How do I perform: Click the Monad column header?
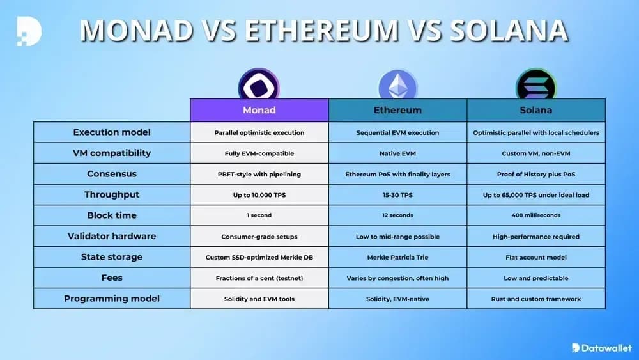coord(259,110)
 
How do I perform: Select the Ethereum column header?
coord(397,110)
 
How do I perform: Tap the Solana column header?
coord(536,110)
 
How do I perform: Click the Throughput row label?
coord(112,194)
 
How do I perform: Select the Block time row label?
coord(112,215)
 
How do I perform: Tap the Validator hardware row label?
coord(112,236)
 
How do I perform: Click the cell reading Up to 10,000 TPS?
coord(259,195)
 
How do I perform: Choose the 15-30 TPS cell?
coord(397,195)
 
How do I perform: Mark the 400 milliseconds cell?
coord(536,215)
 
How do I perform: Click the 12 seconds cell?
coord(397,215)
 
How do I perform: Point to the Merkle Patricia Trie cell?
coord(397,257)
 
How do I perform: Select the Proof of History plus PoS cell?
coord(536,174)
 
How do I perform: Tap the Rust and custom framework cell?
coord(536,299)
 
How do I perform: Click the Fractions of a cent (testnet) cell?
coord(259,278)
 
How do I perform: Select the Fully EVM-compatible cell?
coord(259,153)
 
